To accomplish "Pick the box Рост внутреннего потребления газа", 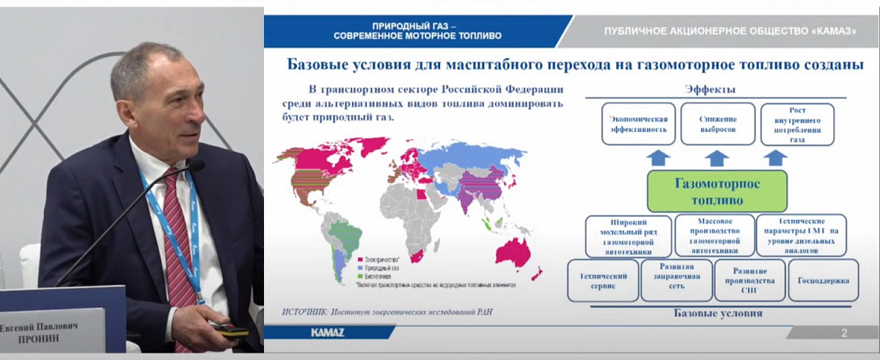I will pos(796,123).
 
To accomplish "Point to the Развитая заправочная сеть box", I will pos(675,279).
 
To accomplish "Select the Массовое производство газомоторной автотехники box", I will pos(714,235).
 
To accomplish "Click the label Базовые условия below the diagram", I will pos(717,313).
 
